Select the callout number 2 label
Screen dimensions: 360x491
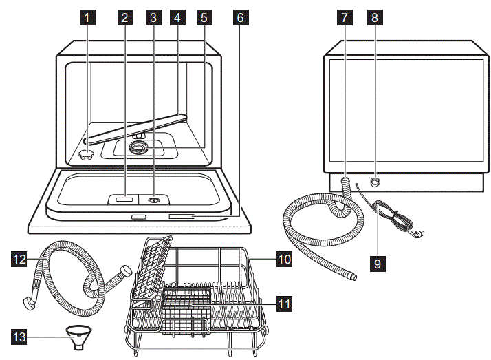[x=124, y=19]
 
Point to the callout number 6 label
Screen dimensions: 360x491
[x=239, y=19]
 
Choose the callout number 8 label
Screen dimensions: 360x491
[x=375, y=19]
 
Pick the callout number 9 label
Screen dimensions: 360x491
[x=377, y=262]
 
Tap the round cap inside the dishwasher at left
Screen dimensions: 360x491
[x=87, y=155]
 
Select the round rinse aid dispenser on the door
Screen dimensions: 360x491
[x=153, y=200]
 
